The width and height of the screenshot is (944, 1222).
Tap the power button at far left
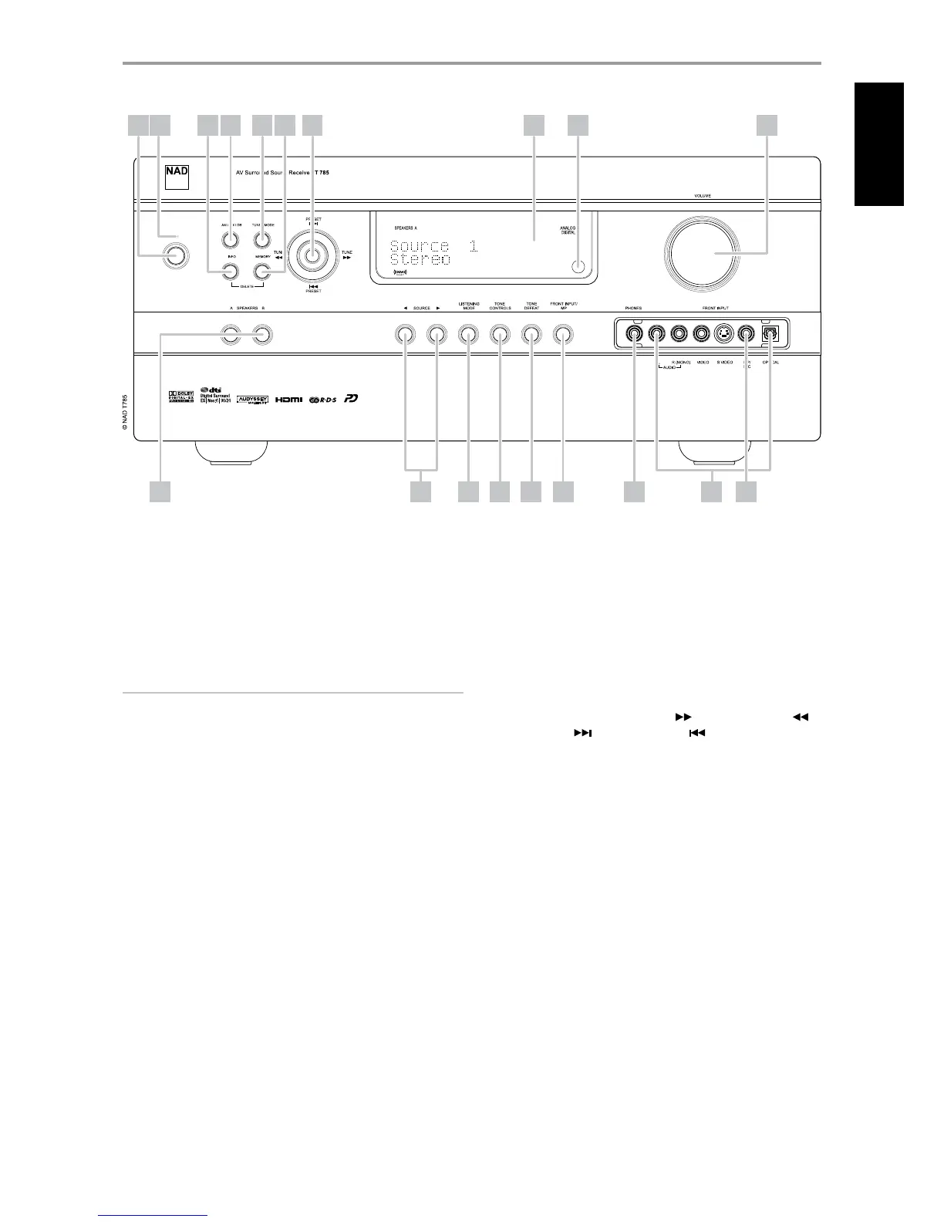click(176, 258)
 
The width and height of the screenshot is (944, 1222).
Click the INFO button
click(230, 272)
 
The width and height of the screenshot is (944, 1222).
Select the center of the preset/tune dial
click(313, 256)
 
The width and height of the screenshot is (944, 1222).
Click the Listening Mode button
click(468, 335)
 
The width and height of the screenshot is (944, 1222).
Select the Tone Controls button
click(500, 335)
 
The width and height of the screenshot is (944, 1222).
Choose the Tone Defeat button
click(531, 335)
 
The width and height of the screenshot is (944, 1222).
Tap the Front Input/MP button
click(563, 335)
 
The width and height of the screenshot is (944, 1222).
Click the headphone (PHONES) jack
click(633, 335)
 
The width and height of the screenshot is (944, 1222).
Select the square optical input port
click(770, 335)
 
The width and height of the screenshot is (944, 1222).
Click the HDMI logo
click(289, 400)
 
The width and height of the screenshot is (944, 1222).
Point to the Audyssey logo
click(251, 400)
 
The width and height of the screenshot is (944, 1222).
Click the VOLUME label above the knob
click(703, 197)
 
